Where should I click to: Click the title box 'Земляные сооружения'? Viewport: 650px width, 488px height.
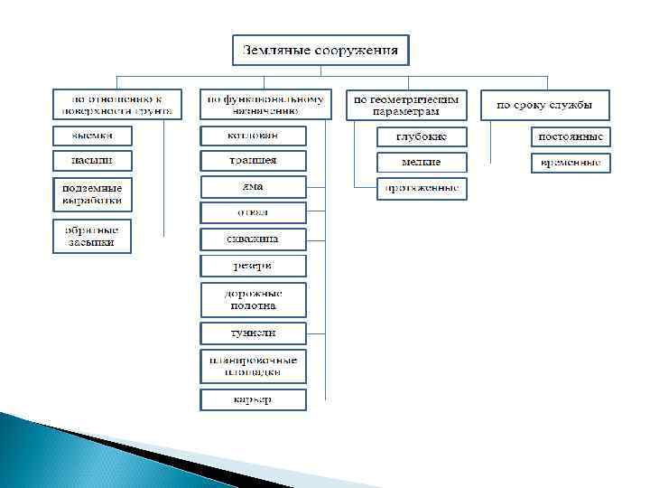[320, 50]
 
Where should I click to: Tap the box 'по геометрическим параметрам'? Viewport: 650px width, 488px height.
[406, 105]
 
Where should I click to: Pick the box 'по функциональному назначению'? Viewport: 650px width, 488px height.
[265, 104]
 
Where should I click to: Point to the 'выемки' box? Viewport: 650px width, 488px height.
[90, 136]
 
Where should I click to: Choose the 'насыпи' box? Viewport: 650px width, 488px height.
[90, 161]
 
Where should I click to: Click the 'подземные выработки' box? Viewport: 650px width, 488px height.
[90, 194]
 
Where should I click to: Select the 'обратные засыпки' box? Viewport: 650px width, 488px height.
[90, 236]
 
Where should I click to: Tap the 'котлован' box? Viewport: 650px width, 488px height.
[253, 136]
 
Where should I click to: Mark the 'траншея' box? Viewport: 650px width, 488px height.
[253, 161]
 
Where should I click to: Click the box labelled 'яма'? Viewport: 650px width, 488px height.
[253, 187]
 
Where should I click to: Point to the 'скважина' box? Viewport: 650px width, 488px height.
[253, 239]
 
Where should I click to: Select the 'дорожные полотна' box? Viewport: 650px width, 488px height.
[253, 299]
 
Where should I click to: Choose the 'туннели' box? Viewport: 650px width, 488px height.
[253, 333]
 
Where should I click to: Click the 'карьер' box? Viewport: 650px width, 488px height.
[253, 399]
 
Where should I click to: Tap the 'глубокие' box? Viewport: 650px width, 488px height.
[422, 137]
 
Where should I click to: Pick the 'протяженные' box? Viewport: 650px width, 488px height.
[422, 189]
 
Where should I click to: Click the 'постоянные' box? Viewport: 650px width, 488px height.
[571, 137]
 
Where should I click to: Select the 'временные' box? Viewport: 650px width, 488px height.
[571, 164]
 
